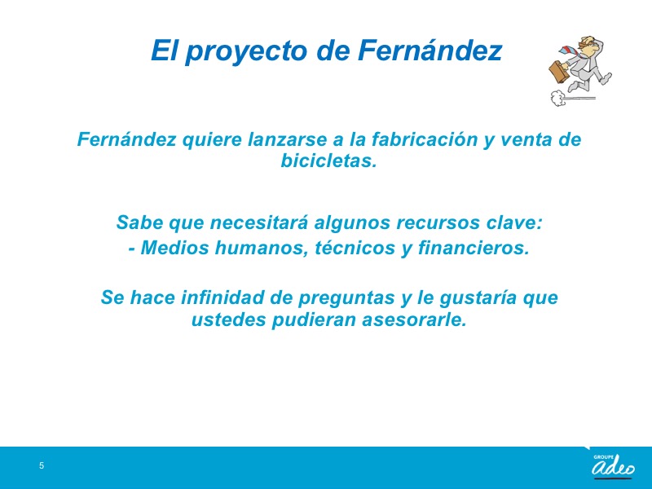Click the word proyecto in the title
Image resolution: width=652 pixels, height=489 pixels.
click(x=248, y=51)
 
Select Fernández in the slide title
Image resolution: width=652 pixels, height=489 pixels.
click(x=430, y=50)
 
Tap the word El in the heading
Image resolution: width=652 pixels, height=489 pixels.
click(x=165, y=50)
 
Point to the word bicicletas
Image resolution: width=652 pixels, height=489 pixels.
click(x=329, y=161)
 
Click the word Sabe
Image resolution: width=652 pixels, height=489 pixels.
click(x=139, y=222)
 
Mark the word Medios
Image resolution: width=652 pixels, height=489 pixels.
click(x=174, y=248)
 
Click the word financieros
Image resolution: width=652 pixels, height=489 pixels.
click(x=474, y=248)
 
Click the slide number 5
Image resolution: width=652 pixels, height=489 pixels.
click(x=42, y=465)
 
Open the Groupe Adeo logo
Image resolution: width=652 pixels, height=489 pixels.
click(x=613, y=465)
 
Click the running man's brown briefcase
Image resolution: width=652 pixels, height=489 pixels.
click(x=560, y=72)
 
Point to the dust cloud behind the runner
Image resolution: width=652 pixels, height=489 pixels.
click(x=557, y=98)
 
